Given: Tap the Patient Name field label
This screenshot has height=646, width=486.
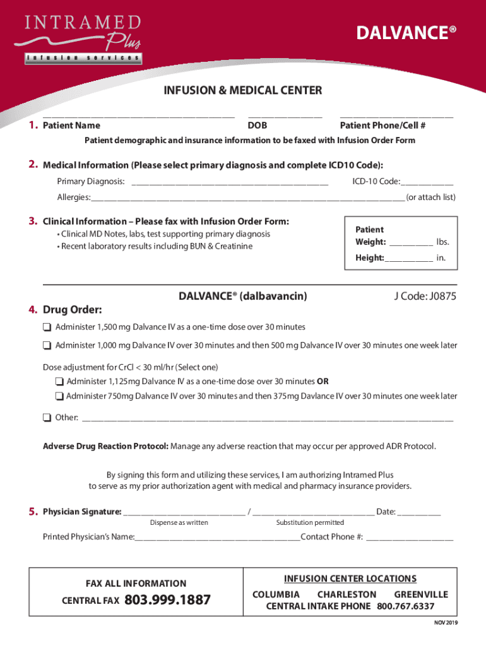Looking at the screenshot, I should (x=71, y=126).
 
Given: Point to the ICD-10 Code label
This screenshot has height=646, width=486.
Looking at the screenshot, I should (x=376, y=182).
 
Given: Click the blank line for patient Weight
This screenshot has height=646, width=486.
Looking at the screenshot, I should (x=411, y=242).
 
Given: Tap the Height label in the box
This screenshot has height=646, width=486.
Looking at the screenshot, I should (x=369, y=257).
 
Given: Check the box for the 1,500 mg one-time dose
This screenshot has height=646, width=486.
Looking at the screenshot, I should (x=47, y=327).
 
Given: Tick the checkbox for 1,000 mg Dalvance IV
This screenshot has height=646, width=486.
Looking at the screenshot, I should (x=47, y=346).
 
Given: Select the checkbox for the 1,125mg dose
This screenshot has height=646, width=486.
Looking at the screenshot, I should (x=59, y=381).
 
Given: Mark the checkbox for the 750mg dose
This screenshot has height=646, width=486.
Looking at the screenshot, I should (x=59, y=396).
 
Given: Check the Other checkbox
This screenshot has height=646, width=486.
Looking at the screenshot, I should (x=47, y=418).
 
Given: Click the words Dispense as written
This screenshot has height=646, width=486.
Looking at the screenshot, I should (x=179, y=522).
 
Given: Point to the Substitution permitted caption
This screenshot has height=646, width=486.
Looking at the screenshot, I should (x=310, y=522).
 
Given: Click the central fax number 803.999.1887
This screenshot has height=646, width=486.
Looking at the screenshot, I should (x=168, y=601).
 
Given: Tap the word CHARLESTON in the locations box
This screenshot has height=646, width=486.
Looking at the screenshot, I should (x=347, y=594).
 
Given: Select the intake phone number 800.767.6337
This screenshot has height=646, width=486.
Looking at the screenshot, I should (x=405, y=606).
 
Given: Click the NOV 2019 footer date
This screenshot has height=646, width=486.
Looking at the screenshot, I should (x=445, y=623).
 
